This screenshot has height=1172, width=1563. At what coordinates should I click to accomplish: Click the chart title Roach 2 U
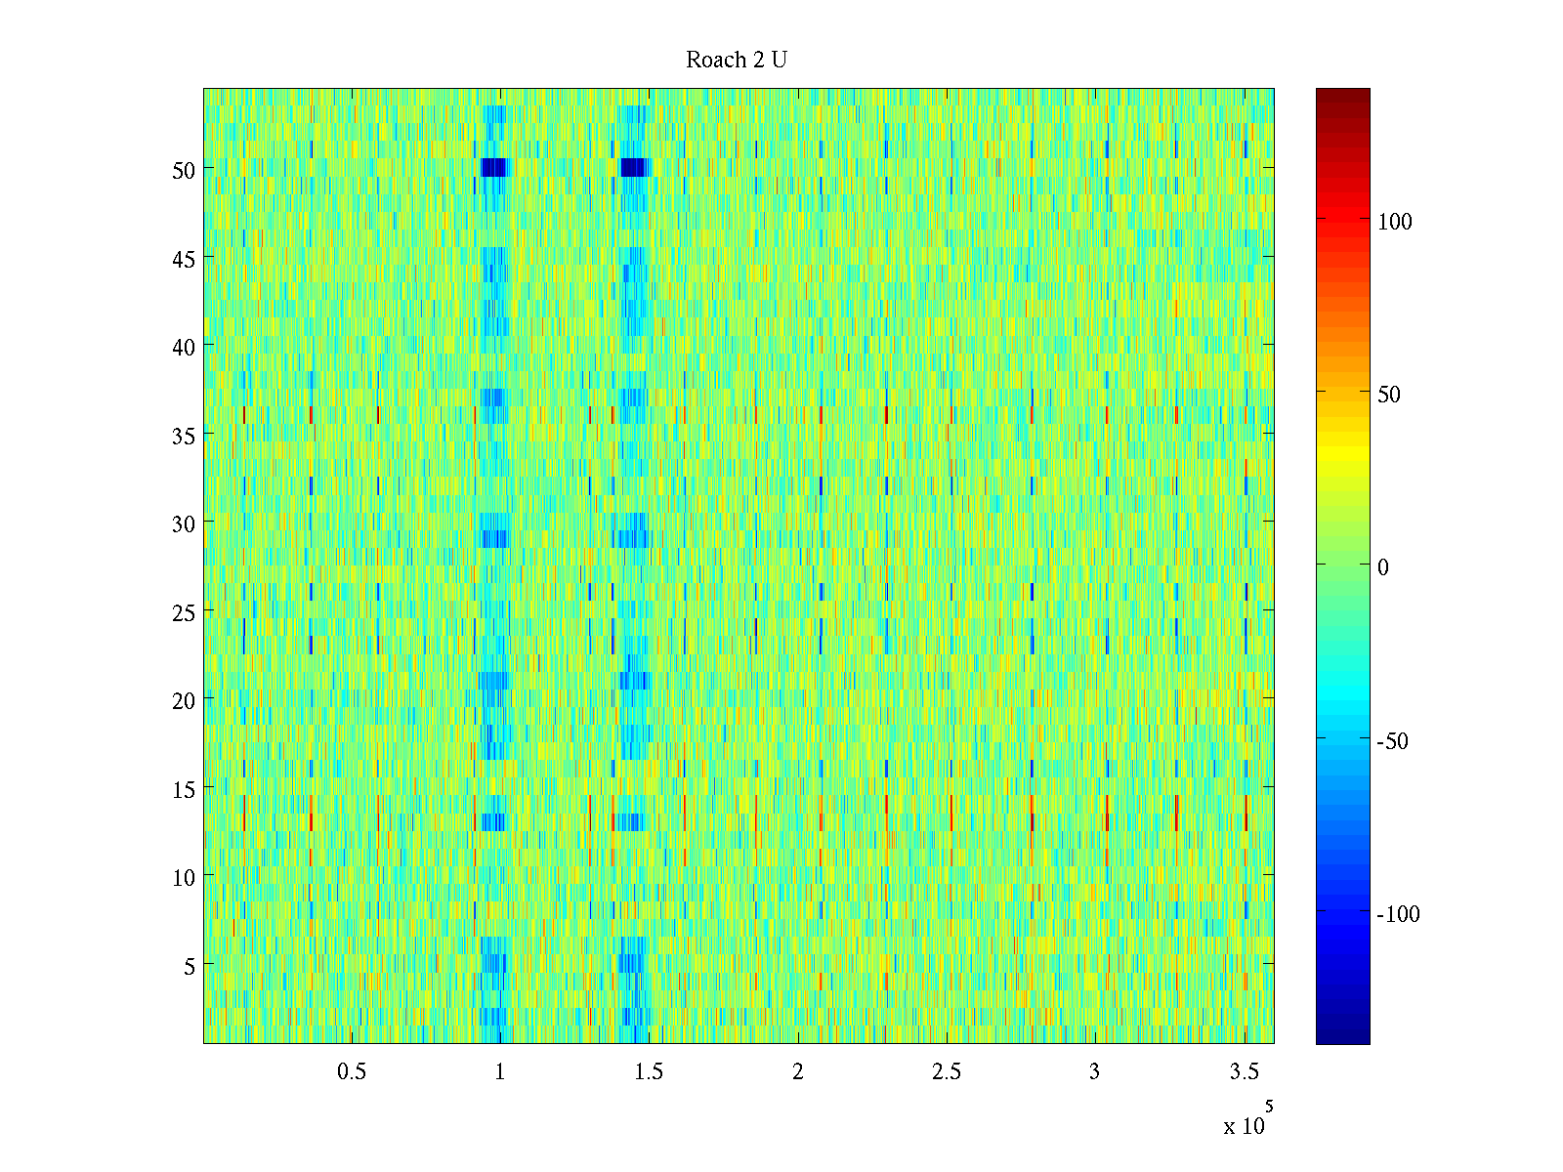[737, 61]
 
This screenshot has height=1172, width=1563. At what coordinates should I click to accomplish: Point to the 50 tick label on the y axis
[184, 170]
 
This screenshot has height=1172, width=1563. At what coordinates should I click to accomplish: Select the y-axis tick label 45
[184, 259]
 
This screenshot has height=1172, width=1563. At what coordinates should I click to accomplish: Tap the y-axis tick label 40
[184, 347]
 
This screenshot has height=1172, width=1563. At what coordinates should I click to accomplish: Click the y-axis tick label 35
[184, 436]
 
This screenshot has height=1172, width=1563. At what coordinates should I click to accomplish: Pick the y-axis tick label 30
[184, 523]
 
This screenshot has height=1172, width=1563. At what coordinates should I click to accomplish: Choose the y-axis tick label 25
[184, 612]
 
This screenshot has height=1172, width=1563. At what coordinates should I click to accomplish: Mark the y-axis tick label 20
[184, 700]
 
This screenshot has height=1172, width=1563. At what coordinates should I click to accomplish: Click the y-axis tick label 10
[184, 877]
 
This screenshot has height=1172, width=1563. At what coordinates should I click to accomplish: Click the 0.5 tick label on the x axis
[352, 1072]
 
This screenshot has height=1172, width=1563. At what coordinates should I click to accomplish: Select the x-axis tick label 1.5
[649, 1072]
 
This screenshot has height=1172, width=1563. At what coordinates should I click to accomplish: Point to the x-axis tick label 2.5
[947, 1072]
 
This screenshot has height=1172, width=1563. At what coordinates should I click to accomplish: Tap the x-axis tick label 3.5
[1244, 1072]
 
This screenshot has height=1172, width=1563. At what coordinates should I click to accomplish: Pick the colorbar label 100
[1395, 222]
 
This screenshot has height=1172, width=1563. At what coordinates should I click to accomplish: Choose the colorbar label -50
[1392, 741]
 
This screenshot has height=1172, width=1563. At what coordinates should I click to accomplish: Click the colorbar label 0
[1383, 567]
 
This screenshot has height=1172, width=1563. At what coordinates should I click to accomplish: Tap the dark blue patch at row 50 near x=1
[494, 167]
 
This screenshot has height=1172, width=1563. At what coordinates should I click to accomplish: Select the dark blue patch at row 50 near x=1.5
[634, 167]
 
